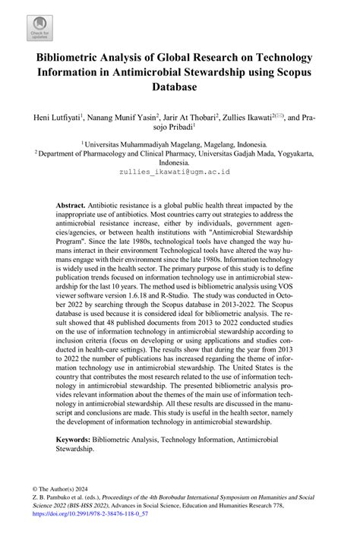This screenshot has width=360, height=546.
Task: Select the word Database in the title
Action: point(179,87)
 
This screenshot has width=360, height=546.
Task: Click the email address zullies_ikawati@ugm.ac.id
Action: point(179,172)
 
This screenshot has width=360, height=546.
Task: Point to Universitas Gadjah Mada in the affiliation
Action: point(242,152)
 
